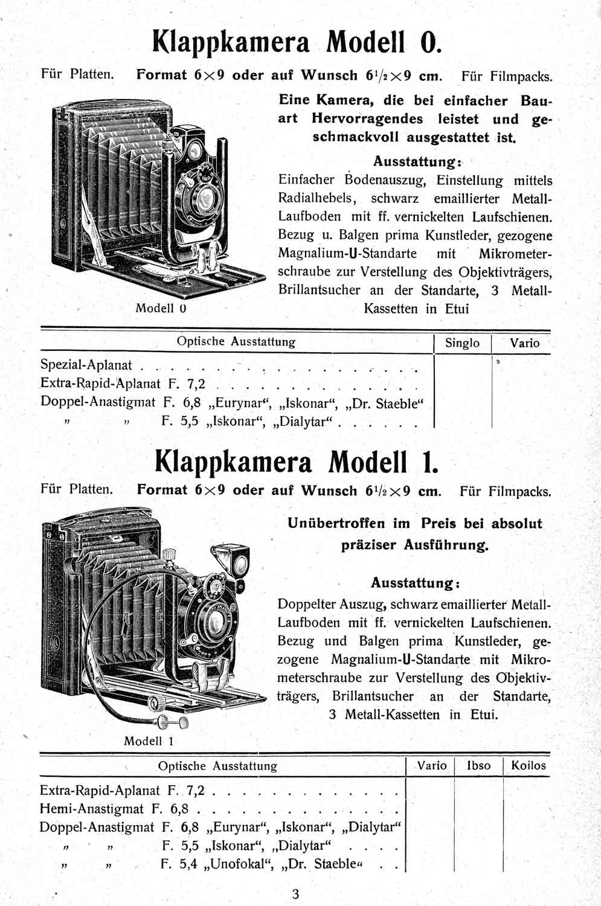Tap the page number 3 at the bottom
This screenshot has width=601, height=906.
click(x=295, y=894)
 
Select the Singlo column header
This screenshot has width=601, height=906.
click(x=462, y=343)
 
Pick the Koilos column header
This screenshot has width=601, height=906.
click(x=528, y=766)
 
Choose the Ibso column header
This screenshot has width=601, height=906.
click(x=479, y=766)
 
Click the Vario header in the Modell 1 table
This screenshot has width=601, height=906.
click(x=432, y=766)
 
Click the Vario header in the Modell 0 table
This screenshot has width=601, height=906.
click(x=524, y=343)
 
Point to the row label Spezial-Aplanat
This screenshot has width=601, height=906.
click(x=86, y=365)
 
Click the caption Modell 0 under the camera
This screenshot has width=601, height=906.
click(x=160, y=308)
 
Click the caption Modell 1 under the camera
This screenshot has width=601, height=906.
click(x=149, y=741)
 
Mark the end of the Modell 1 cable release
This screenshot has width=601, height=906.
click(x=164, y=722)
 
